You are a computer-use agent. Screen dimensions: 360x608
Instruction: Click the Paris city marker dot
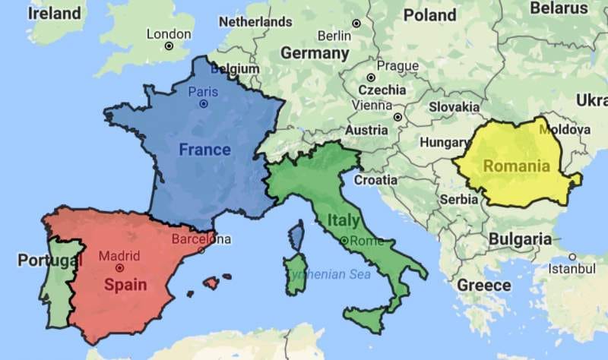(x=203, y=104)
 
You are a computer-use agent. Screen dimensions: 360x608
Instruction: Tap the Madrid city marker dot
(x=119, y=267)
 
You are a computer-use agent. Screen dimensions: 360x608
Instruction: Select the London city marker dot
(x=169, y=46)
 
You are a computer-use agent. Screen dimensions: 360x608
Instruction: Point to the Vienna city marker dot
(x=397, y=117)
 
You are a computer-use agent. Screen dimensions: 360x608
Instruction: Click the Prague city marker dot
(x=371, y=77)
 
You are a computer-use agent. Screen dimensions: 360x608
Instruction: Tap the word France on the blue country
(x=204, y=150)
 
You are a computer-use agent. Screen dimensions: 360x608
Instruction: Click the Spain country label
(x=125, y=286)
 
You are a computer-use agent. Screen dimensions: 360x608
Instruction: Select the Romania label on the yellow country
(x=516, y=166)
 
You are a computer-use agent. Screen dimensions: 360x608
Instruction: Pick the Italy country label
(x=344, y=220)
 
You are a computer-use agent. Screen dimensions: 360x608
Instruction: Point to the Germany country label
(x=315, y=54)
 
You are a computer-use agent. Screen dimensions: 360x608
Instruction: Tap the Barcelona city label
(x=201, y=239)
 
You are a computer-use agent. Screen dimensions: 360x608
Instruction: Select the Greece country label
(x=484, y=285)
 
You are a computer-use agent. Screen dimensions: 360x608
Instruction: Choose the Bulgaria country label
(x=520, y=239)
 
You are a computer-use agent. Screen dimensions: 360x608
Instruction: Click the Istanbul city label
(x=572, y=269)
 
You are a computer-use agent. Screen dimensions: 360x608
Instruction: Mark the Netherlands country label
(x=255, y=22)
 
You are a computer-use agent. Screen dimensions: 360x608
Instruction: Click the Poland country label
(x=430, y=14)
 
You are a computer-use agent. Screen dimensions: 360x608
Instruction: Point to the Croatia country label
(x=375, y=180)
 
